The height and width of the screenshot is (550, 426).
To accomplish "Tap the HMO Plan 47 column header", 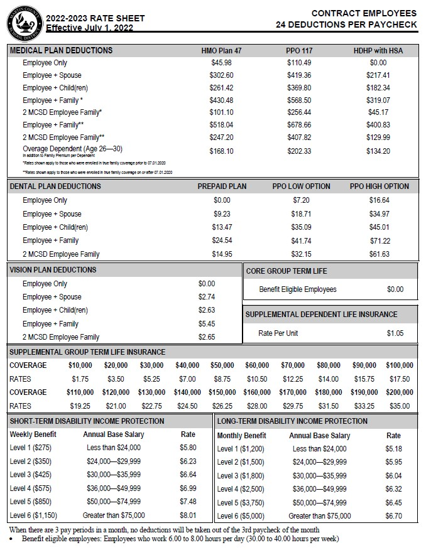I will click(x=221, y=50).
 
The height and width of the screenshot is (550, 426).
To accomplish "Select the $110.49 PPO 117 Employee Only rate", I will click(x=299, y=63).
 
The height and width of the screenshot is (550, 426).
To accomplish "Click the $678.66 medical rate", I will click(x=299, y=125).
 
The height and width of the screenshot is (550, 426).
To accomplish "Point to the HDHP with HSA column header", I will click(x=378, y=50).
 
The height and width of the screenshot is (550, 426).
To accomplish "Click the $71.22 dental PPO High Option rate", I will click(x=379, y=240).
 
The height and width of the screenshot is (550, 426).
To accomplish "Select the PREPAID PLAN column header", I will click(x=222, y=186).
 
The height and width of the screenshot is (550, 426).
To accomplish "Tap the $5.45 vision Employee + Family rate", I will click(x=207, y=324).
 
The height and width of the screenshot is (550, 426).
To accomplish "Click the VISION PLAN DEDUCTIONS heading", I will click(x=53, y=270).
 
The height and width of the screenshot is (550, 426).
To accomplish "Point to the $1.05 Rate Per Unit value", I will click(x=395, y=333).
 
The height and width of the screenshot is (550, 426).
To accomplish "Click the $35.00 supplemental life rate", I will click(x=399, y=406).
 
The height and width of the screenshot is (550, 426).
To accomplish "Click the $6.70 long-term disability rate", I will click(x=393, y=516).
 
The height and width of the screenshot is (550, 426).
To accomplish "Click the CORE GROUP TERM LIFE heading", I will click(x=286, y=271).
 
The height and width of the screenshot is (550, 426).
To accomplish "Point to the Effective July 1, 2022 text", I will click(x=98, y=28).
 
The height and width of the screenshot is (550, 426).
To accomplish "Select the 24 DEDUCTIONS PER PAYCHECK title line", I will click(x=346, y=24).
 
